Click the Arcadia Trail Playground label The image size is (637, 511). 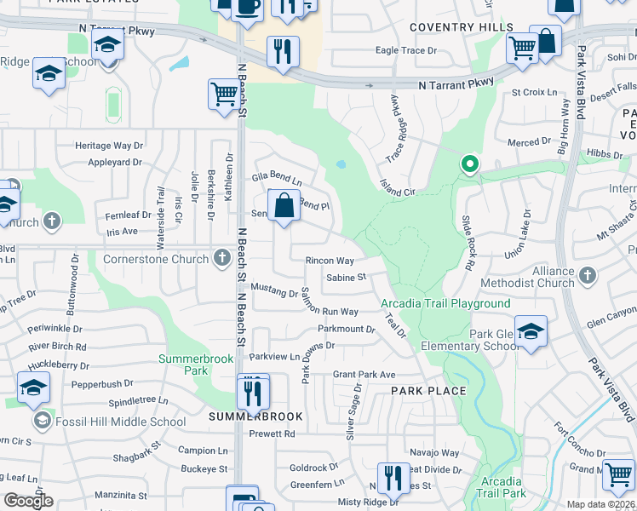point(445,304)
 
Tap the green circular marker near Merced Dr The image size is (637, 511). point(468,164)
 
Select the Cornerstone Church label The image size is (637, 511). point(156,259)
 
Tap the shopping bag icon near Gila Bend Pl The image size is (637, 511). point(284,206)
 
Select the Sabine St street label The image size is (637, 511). point(346,278)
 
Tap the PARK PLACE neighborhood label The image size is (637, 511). point(428,391)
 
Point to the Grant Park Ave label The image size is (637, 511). point(364,375)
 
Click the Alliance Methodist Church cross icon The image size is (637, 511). point(586,276)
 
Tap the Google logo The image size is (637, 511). point(28,501)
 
